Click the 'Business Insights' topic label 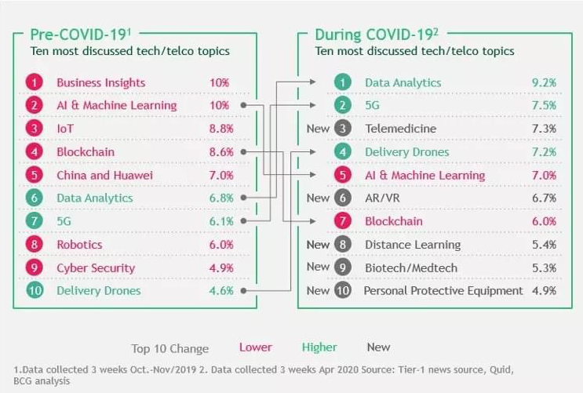100,82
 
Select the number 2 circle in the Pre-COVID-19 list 35,105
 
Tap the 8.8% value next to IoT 221,129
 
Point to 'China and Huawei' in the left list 104,175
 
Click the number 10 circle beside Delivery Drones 35,291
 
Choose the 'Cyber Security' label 96,267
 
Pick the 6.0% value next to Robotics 221,245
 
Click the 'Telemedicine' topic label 400,129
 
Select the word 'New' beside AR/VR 318,198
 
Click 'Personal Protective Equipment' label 443,291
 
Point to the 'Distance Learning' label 413,245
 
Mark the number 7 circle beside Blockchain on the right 342,221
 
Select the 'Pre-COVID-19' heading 76,35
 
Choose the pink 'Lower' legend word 256,348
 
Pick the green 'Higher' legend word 319,348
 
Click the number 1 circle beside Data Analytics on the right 342,82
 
